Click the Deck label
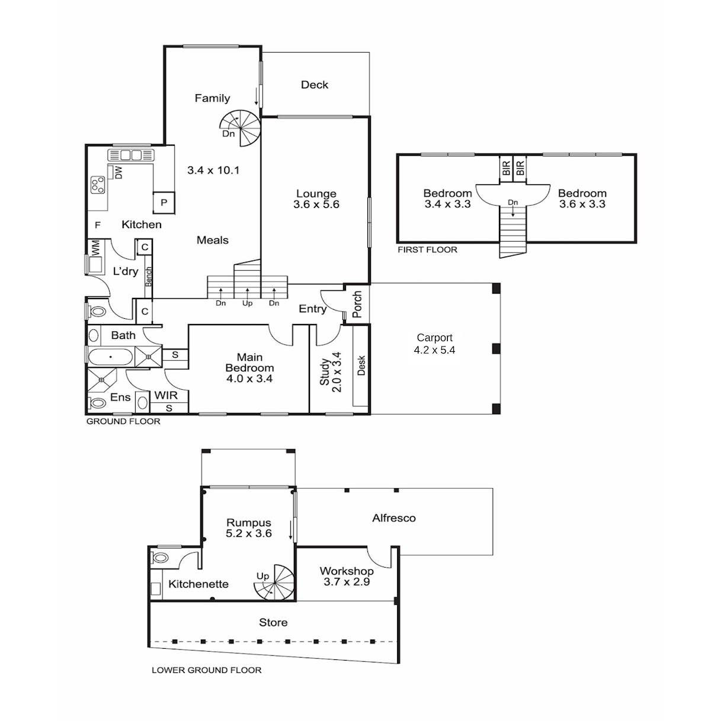pyautogui.click(x=315, y=85)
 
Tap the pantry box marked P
pyautogui.click(x=164, y=203)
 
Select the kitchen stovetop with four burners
pyautogui.click(x=98, y=185)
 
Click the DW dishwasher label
pyautogui.click(x=118, y=173)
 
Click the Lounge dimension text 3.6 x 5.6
pyautogui.click(x=316, y=204)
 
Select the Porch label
pyautogui.click(x=357, y=304)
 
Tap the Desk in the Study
pyautogui.click(x=360, y=366)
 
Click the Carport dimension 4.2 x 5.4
pyautogui.click(x=434, y=350)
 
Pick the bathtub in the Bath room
pyautogui.click(x=110, y=357)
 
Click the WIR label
pyautogui.click(x=166, y=396)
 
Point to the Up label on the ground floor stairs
pyautogui.click(x=247, y=303)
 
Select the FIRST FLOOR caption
pyautogui.click(x=427, y=249)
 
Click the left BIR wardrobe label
pyautogui.click(x=506, y=168)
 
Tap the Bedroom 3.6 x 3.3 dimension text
pyautogui.click(x=582, y=204)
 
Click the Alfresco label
pyautogui.click(x=393, y=518)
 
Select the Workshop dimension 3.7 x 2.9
pyautogui.click(x=347, y=582)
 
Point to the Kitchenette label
pyautogui.click(x=198, y=584)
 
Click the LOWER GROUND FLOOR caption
pyautogui.click(x=207, y=670)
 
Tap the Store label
pyautogui.click(x=273, y=623)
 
